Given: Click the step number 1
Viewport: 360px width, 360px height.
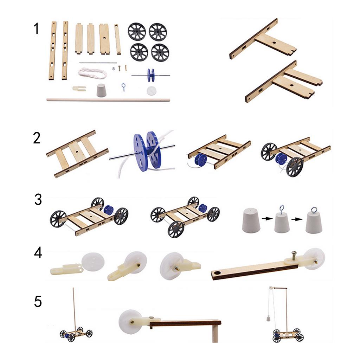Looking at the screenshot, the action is [36, 29].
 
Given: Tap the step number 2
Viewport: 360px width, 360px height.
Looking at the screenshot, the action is [37, 138].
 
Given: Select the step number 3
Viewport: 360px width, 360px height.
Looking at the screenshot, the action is [38, 199].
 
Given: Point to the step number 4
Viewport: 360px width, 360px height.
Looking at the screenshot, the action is [38, 253].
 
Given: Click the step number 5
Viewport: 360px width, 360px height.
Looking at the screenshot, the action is [38, 301].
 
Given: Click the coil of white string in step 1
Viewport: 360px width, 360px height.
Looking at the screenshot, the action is [92, 73].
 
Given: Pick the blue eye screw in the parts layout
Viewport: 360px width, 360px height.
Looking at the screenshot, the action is [123, 87].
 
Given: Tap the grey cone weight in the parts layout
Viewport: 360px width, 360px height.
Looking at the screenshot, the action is [101, 90].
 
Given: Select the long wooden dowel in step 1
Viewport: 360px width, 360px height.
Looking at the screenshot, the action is [108, 100].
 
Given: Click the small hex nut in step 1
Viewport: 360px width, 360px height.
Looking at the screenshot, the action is [114, 68].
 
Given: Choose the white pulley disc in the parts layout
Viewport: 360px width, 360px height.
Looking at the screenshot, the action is [152, 90].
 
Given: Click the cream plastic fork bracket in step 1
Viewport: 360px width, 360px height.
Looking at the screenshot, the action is [79, 88].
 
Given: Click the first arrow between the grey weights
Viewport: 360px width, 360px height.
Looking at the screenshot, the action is [267, 219].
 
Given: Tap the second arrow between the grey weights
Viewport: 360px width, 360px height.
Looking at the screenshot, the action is [297, 219].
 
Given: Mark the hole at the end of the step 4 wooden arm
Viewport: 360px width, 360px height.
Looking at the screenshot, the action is [217, 273].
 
